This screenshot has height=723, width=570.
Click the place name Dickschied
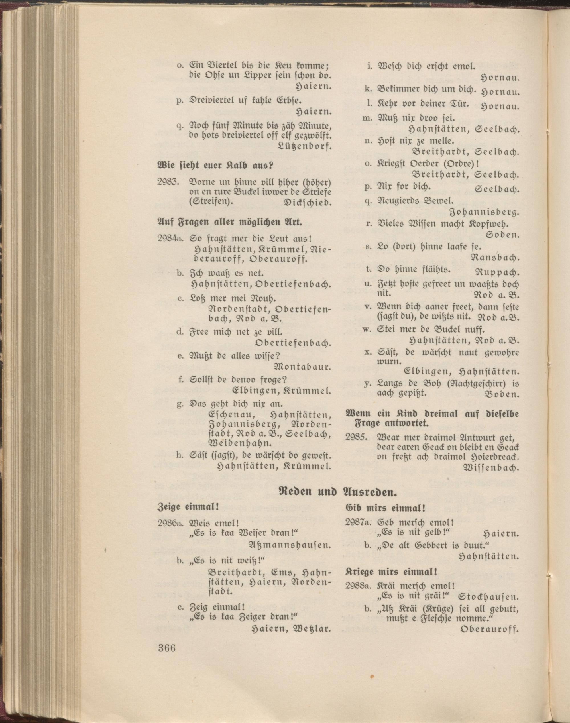307,203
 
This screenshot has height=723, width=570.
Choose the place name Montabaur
302,368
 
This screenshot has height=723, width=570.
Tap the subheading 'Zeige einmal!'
188,516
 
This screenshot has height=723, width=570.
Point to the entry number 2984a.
170,239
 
